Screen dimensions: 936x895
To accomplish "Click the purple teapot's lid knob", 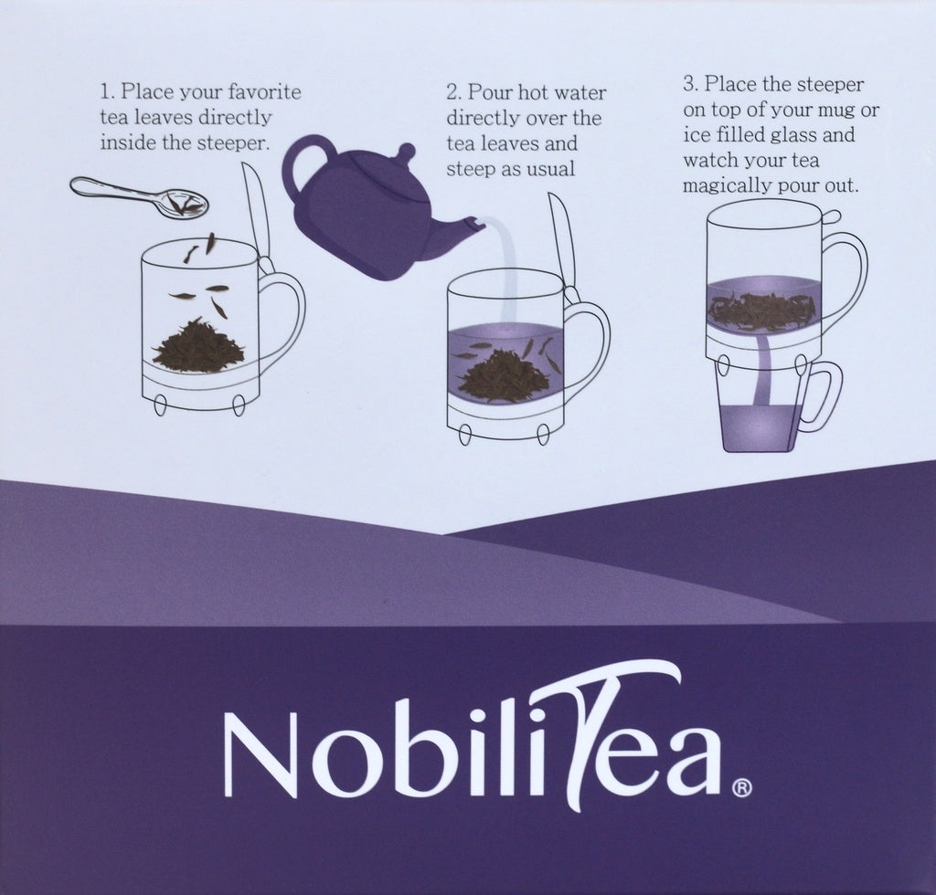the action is pyautogui.click(x=406, y=151).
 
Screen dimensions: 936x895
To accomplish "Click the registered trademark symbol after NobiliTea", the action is pyautogui.click(x=741, y=787).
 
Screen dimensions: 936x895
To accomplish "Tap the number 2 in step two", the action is pyautogui.click(x=452, y=92).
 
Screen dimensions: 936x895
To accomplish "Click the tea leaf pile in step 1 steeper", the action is pyautogui.click(x=198, y=343).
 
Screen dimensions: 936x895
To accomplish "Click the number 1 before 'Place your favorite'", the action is pyautogui.click(x=106, y=92).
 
